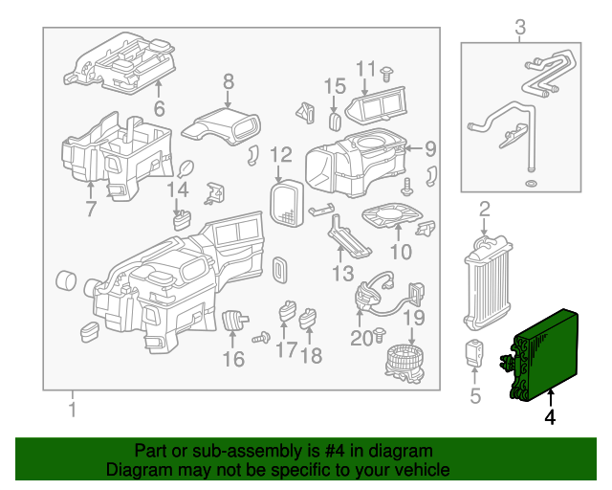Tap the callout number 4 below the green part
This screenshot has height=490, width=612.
550,417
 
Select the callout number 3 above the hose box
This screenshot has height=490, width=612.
520,28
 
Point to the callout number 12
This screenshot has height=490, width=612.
280,155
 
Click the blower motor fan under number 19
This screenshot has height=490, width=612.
405,364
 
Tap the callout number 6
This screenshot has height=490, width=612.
160,108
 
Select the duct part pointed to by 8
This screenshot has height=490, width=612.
221,125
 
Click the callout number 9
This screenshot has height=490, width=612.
430,149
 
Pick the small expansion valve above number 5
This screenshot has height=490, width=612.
474,353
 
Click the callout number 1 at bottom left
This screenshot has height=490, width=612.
73,410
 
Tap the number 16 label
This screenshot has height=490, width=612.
233,359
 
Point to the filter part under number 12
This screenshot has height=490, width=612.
287,203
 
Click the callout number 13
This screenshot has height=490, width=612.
342,273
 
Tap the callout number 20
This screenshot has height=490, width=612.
361,339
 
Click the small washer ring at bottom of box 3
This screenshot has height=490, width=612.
531,183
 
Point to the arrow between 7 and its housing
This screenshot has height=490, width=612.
90,191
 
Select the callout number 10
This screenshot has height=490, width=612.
401,252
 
